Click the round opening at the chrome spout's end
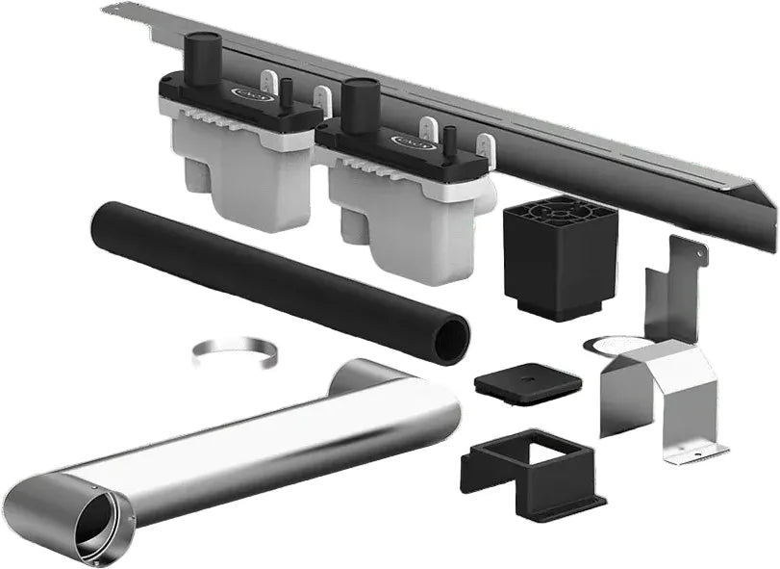[x=97, y=520]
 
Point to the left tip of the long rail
[x=108, y=10]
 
